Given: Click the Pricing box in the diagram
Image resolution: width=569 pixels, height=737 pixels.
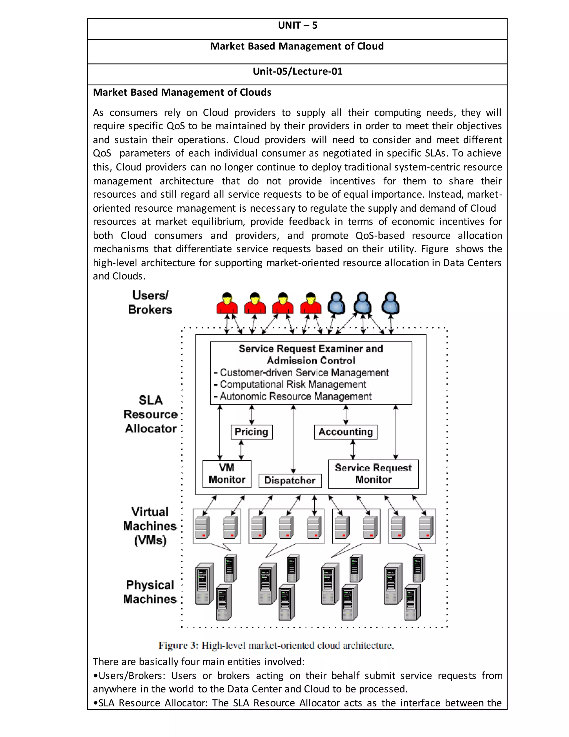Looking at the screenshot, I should (x=251, y=432).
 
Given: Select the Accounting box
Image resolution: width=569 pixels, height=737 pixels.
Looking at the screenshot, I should (x=346, y=432).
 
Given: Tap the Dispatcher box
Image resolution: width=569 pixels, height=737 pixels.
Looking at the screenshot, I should (x=290, y=481).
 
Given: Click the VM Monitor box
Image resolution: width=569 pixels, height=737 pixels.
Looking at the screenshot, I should (x=227, y=474).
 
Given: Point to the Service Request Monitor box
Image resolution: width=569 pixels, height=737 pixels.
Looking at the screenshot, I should (x=373, y=474).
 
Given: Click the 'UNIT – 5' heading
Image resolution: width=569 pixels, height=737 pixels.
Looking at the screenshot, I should (x=297, y=26).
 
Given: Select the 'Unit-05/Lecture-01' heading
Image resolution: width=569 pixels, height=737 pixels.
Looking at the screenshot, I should (x=297, y=71).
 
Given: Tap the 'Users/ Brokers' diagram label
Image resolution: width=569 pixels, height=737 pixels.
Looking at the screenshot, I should (x=150, y=302).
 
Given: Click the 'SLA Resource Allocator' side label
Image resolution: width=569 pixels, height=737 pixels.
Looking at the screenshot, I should (x=150, y=414).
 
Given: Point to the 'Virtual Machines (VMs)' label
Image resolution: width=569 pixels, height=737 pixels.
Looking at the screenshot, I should (x=150, y=526).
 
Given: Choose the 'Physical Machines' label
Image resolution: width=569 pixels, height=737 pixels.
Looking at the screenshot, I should (x=150, y=592).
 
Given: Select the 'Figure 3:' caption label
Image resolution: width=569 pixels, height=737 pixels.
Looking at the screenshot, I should (x=178, y=646).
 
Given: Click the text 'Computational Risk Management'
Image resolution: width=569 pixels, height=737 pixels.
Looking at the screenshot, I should (x=293, y=384).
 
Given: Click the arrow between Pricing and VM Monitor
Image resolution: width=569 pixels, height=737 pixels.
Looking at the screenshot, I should (x=241, y=450).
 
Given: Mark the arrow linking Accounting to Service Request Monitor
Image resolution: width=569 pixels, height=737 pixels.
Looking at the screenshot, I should (x=353, y=449).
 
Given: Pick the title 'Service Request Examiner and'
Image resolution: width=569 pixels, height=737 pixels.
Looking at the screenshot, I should (x=311, y=348).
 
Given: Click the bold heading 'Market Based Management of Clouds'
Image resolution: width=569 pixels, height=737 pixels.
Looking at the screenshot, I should (x=182, y=92).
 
